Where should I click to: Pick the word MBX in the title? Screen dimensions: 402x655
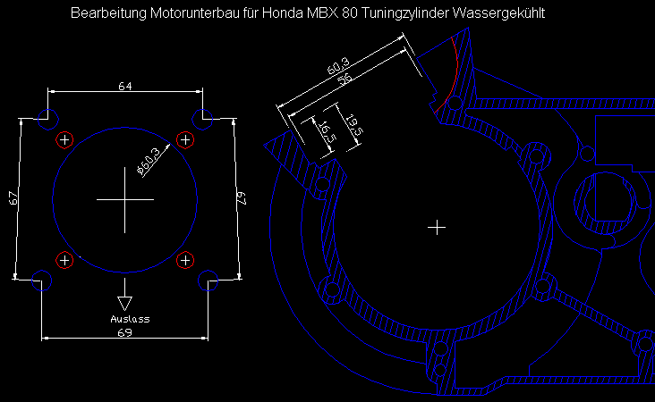tap(315, 14)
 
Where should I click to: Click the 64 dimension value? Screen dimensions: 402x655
tap(126, 86)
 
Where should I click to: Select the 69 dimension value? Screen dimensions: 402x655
tap(126, 332)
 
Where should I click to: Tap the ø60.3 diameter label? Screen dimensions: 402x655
tap(149, 160)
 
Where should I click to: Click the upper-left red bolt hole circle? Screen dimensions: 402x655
tap(64, 139)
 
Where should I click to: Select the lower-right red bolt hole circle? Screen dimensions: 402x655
tap(185, 260)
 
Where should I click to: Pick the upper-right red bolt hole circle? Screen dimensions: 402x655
tap(185, 139)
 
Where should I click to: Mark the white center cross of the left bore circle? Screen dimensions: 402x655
tap(124, 200)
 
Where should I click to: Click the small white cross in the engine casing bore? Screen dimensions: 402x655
tap(437, 228)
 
